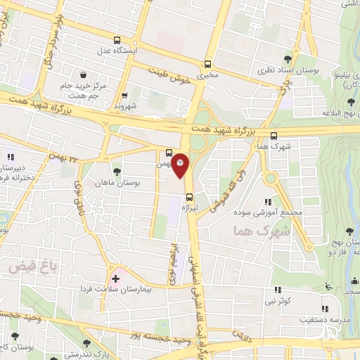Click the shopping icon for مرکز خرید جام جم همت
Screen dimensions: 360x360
[x=84, y=74]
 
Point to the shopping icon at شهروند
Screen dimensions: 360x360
[x=124, y=96]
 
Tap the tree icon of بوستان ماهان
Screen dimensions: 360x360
[x=116, y=171]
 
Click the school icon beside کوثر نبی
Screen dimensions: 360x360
[x=277, y=289]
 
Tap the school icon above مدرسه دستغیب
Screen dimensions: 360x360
[x=324, y=308]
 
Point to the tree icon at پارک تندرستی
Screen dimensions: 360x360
[x=86, y=343]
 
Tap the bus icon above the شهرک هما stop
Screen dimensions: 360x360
[x=274, y=136]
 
